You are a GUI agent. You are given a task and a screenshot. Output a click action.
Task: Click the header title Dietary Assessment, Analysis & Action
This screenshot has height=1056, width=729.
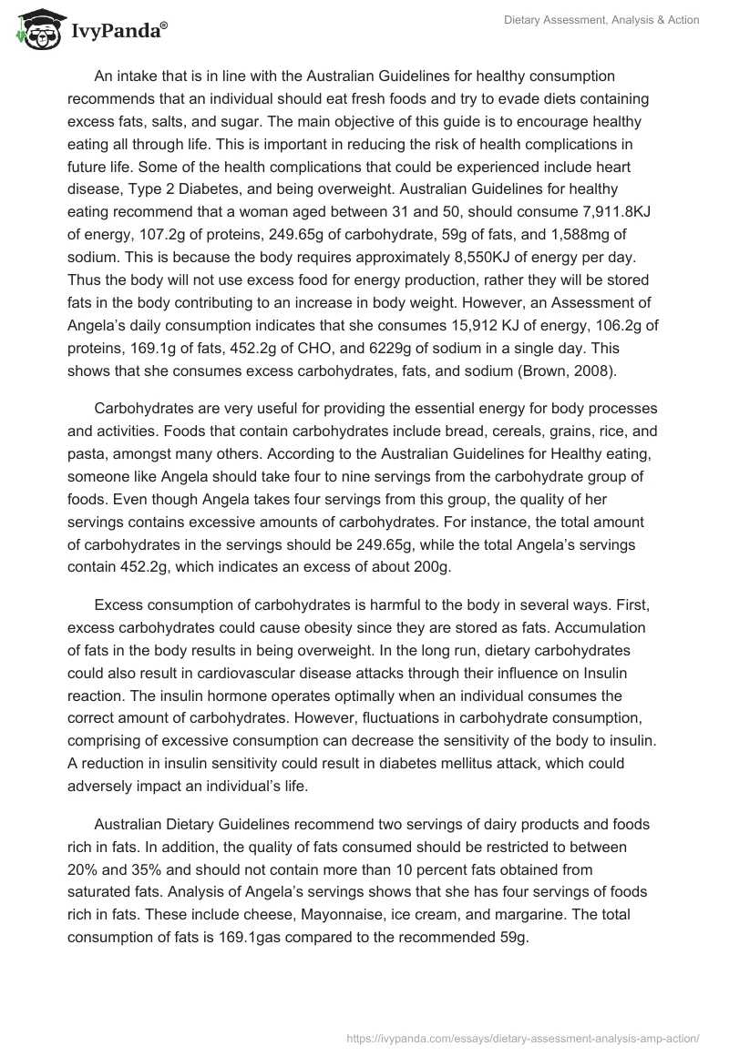[601, 20]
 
